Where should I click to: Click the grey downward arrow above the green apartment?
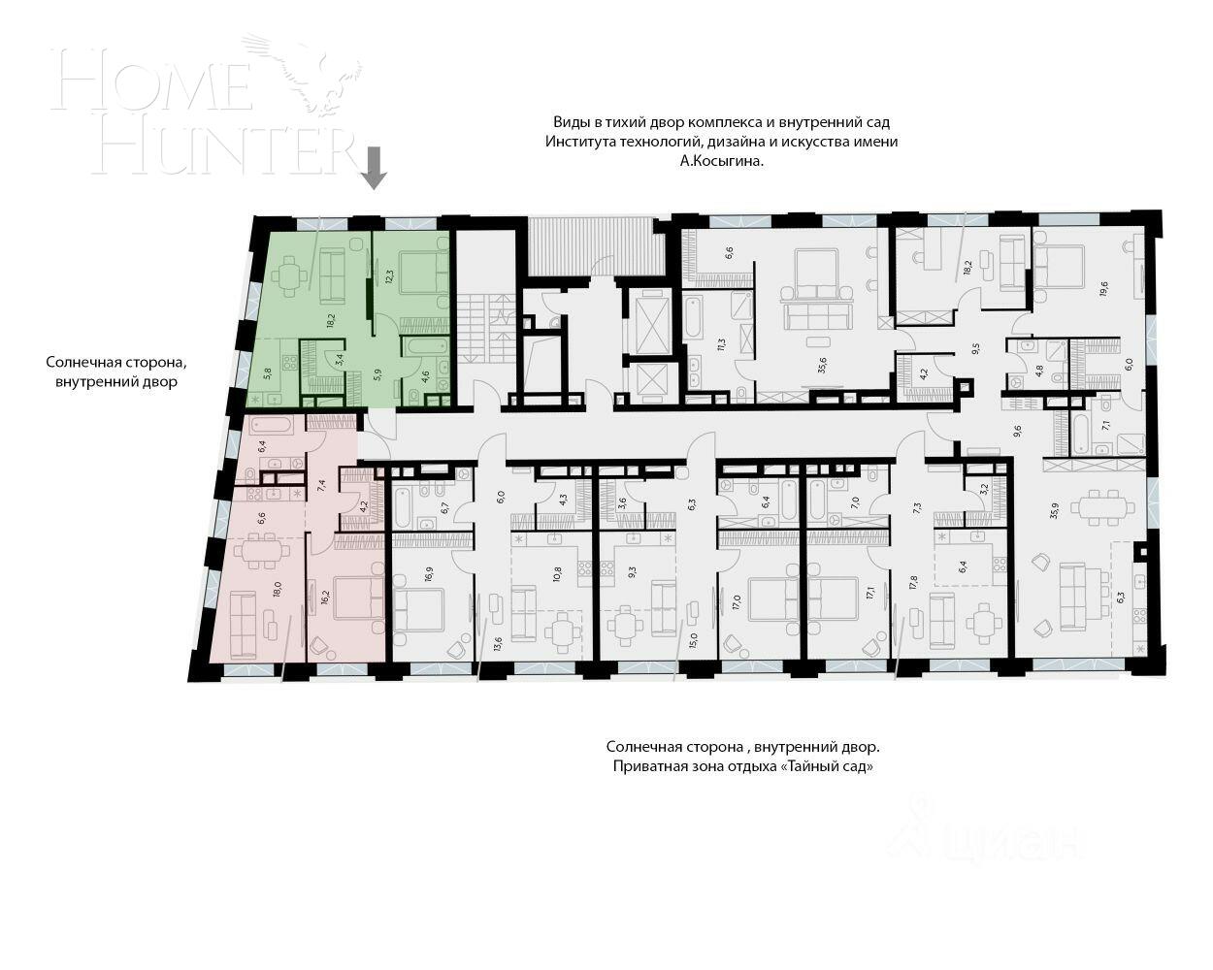pyautogui.click(x=374, y=168)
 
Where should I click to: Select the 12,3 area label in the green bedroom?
pyautogui.click(x=389, y=276)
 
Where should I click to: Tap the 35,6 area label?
pyautogui.click(x=822, y=365)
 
